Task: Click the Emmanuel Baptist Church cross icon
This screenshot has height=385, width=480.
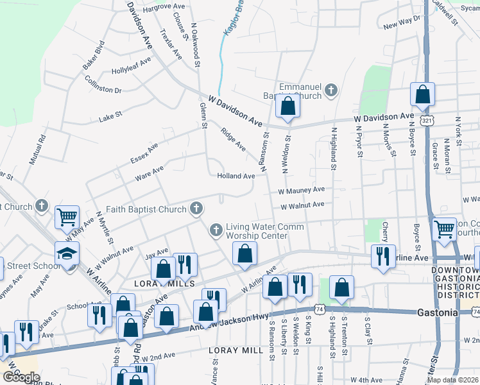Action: pos(331,90)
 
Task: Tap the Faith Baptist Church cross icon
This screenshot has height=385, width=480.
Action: pos(196,208)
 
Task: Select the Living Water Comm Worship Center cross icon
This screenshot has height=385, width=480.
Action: pos(216,229)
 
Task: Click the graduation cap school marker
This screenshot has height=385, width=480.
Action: pos(67,255)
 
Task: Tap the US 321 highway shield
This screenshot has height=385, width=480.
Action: pos(427,121)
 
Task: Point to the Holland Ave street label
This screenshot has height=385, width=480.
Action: pos(236,176)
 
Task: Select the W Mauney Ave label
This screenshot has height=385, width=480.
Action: pos(301,191)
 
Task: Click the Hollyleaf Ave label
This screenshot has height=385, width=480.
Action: pos(131,66)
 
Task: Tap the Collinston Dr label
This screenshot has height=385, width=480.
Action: pos(103,85)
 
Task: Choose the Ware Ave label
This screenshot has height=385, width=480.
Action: pos(149,173)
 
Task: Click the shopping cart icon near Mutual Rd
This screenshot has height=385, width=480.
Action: pos(67,218)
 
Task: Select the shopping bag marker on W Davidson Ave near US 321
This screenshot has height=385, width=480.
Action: pos(423,96)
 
